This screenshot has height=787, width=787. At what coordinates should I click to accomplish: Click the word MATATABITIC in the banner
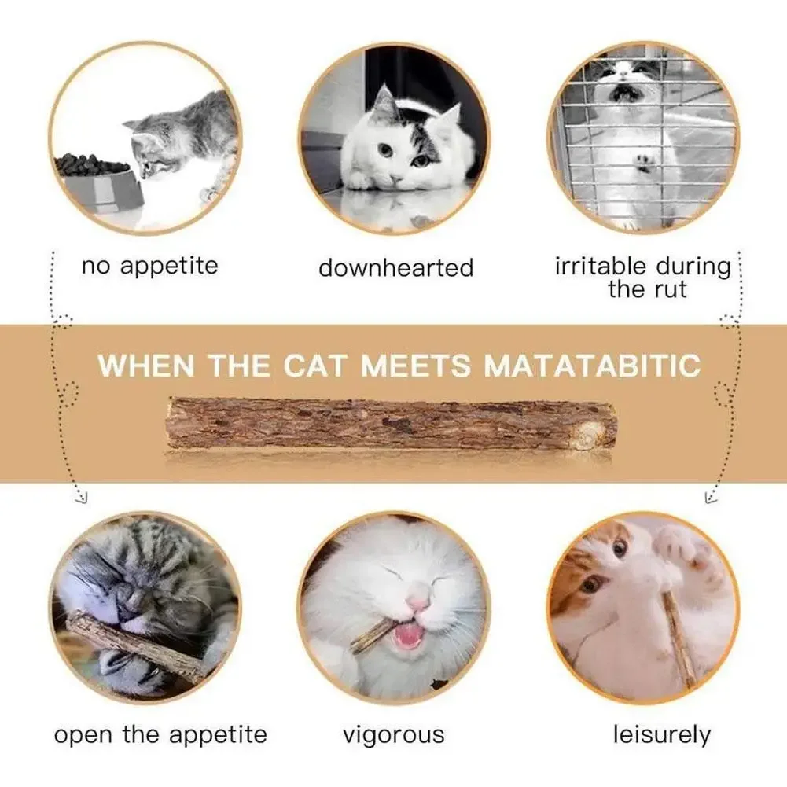tap(592, 365)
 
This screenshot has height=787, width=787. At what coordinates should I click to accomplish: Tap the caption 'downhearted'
tap(396, 267)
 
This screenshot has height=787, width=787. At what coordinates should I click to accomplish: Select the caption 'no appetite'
tap(150, 266)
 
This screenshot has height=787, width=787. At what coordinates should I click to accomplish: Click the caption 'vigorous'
tap(393, 735)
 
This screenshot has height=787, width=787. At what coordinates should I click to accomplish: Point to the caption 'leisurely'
tap(662, 735)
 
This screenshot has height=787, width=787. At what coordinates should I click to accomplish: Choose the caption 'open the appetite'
tap(160, 736)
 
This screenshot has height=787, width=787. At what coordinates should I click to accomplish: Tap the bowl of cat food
tap(97, 181)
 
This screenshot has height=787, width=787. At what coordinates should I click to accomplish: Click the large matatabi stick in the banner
tap(391, 424)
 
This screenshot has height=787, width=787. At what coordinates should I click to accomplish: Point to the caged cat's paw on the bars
tap(643, 163)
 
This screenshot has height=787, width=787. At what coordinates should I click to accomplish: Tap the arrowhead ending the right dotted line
tap(710, 498)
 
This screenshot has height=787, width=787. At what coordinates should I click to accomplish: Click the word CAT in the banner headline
tap(315, 365)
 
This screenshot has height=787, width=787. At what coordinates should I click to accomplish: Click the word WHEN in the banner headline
tap(146, 365)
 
